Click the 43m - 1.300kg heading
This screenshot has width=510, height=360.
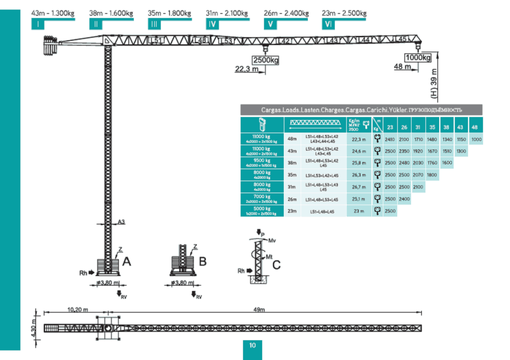click(52, 13)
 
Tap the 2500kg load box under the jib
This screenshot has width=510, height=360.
click(266, 60)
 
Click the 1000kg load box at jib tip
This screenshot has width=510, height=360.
click(418, 58)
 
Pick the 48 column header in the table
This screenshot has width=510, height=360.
click(475, 127)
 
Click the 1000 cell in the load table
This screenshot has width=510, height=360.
click(476, 139)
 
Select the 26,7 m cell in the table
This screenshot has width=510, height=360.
click(359, 187)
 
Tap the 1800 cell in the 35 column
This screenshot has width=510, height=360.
click(432, 175)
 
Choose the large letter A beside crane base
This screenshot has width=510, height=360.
click(127, 262)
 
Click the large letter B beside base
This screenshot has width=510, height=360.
click(203, 262)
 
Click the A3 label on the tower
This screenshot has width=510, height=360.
click(121, 222)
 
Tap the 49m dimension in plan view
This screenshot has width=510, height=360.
click(259, 310)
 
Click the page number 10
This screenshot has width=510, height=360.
click(253, 346)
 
